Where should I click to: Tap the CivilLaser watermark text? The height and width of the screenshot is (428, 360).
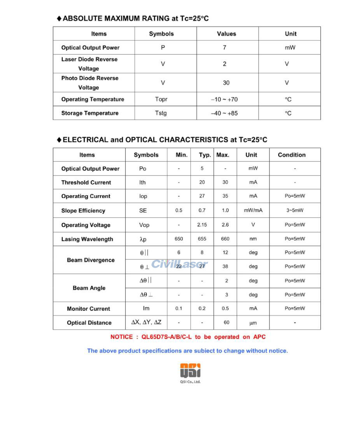(x=179, y=264)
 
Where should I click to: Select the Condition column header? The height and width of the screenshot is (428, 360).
(x=292, y=155)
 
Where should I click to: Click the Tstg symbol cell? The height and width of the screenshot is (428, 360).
(x=161, y=113)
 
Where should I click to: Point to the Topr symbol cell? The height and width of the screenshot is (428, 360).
(x=161, y=99)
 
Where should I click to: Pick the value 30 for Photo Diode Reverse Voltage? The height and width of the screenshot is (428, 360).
(x=226, y=82)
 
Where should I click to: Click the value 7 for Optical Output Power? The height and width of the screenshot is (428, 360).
(x=224, y=47)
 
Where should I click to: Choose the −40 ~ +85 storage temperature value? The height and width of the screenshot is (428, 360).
(x=224, y=113)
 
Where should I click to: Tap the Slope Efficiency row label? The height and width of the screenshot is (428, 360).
(x=83, y=210)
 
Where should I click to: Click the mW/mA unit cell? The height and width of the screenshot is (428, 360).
(x=253, y=210)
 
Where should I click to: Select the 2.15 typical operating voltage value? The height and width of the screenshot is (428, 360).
(x=202, y=225)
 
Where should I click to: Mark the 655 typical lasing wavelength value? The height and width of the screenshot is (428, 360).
(x=202, y=239)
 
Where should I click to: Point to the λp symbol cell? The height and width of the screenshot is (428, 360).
(x=143, y=239)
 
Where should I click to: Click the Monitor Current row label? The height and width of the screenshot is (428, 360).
(x=88, y=309)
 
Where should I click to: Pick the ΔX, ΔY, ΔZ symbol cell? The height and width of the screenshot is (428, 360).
(x=146, y=323)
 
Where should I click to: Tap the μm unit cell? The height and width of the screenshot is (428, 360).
(x=253, y=323)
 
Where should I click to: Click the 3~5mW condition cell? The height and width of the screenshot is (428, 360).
(x=295, y=210)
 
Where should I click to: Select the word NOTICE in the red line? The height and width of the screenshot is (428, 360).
(x=121, y=337)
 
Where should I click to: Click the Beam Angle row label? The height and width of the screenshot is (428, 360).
(x=89, y=288)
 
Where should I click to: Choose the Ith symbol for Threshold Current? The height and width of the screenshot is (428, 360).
(x=142, y=182)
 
